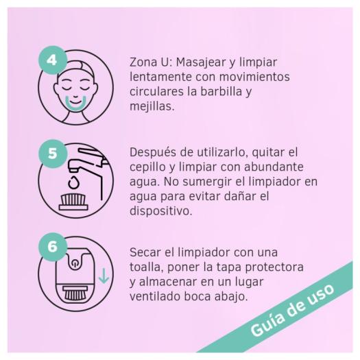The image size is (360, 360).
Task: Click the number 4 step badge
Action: click(x=52, y=59)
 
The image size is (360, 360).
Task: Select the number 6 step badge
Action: click(x=52, y=248)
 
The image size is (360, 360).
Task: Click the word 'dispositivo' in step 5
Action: click(x=160, y=212)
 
